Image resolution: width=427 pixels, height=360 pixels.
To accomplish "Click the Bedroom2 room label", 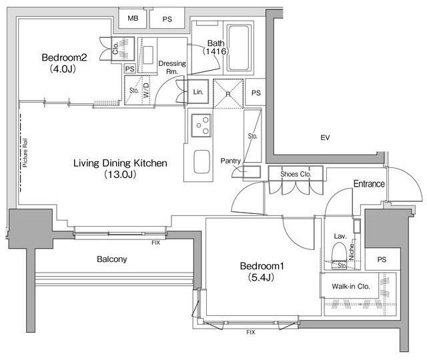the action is coord(64,57).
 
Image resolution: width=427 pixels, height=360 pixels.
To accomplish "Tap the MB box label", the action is coord(133,18).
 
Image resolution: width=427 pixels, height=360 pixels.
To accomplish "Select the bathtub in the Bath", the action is coord(239,48).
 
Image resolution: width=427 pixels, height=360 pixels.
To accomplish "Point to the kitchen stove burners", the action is coord(201,125).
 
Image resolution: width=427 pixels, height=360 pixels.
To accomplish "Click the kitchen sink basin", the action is coord(201,161).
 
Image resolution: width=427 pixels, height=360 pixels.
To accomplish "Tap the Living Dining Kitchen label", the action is coord(120,163).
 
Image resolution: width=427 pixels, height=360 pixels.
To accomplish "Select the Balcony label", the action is coord(112,259).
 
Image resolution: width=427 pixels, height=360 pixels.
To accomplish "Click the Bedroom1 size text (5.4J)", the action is coord(261,277).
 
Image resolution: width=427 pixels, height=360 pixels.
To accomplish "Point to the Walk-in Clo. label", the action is coord(351,286).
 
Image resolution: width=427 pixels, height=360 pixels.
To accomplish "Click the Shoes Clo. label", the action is coord(296,174).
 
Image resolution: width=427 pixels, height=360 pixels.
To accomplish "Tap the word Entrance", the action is coord(369,184).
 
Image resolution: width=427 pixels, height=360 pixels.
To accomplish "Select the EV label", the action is coord(325,138).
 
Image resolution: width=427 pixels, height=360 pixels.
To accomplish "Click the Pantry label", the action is coord(231,161).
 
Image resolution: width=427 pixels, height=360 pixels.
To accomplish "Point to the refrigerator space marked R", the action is coord(228,94).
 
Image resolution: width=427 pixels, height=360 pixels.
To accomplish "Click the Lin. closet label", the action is coord(198,92).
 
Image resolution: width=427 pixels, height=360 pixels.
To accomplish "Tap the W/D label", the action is coord(147,91).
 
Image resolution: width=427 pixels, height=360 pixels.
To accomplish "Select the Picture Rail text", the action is coord(25,153).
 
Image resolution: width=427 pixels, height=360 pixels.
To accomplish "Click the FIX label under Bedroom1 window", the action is coord(251,332).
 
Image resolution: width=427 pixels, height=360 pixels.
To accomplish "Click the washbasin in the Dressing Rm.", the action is coord(148,55).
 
